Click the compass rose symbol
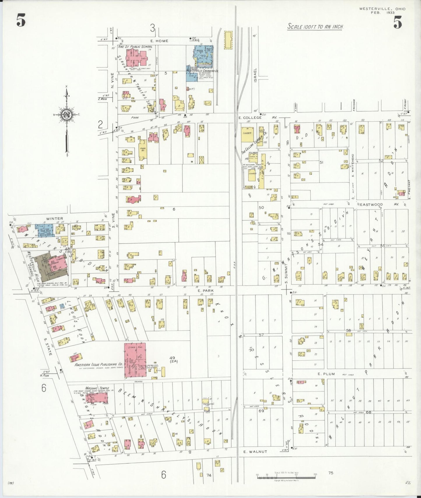(x=67, y=114)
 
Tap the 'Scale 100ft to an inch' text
(x=316, y=27)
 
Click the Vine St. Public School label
(x=135, y=47)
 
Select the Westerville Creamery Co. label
(x=202, y=71)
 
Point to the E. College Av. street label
(x=258, y=118)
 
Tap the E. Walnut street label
(x=255, y=451)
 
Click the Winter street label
(x=54, y=218)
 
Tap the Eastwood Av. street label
(x=379, y=204)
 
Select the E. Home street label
(x=159, y=41)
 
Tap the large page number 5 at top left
(x=21, y=21)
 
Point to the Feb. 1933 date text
(x=382, y=13)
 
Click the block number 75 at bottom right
(x=330, y=473)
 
